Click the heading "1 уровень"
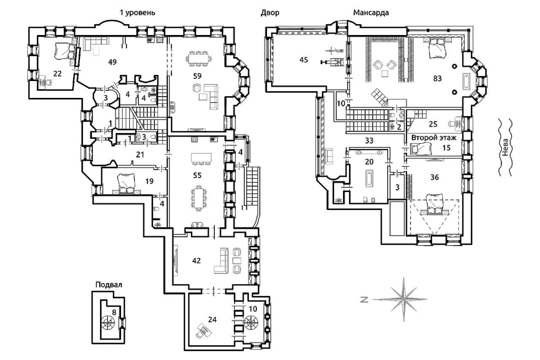click(138, 13)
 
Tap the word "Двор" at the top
click(270, 13)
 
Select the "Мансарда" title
click(371, 13)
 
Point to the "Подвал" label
click(109, 285)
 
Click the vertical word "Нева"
click(505, 147)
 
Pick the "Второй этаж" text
click(434, 138)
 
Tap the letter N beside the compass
click(364, 300)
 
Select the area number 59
click(197, 76)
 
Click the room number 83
click(437, 78)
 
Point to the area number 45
click(304, 60)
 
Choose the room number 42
click(197, 260)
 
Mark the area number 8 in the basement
click(114, 312)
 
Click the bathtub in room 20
click(369, 179)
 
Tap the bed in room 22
click(64, 51)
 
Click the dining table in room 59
click(198, 59)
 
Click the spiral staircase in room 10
click(251, 322)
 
